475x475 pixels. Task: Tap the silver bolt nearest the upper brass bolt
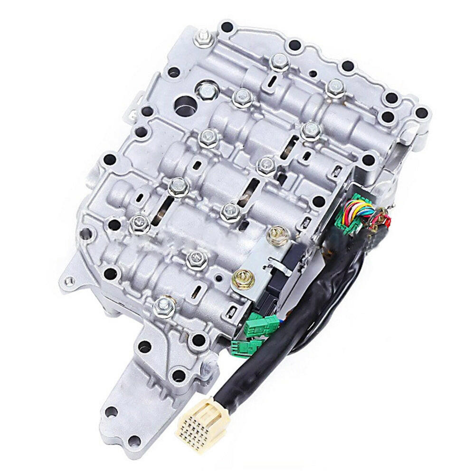(x=230, y=212)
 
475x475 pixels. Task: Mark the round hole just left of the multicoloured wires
(x=319, y=202)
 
